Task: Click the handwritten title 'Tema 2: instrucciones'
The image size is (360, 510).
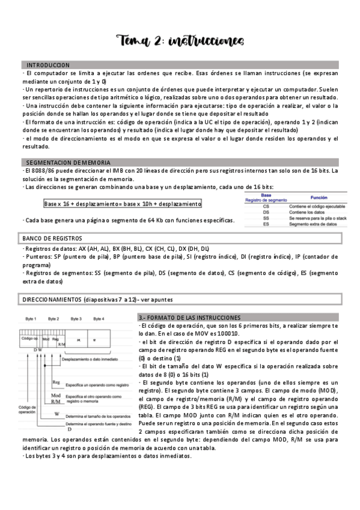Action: [180, 40]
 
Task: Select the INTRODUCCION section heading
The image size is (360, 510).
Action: [48, 65]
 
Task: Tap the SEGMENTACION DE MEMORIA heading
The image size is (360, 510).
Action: [68, 162]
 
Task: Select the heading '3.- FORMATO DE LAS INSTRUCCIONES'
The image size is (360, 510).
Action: [190, 317]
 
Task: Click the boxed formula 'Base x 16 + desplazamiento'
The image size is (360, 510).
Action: [123, 204]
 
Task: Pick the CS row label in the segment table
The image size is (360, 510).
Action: [266, 206]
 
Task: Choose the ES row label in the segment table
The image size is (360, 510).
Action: [266, 223]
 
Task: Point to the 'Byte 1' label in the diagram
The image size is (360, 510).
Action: [31, 318]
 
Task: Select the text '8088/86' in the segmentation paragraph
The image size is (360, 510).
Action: [39, 170]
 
